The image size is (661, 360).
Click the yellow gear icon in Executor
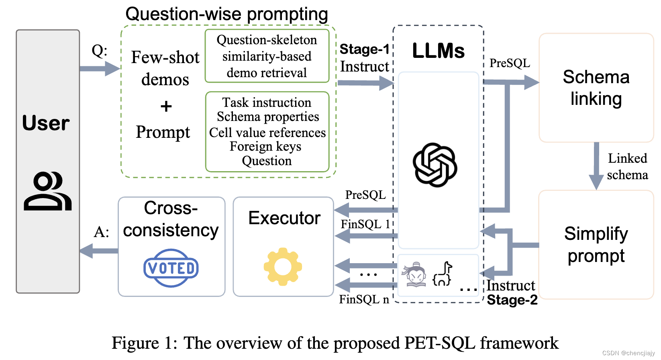tap(283, 267)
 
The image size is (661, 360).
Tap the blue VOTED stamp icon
tap(171, 268)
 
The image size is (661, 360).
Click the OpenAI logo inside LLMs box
tap(435, 165)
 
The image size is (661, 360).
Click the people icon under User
tap(48, 191)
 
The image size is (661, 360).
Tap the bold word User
tap(46, 123)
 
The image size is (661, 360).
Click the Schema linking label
tap(596, 88)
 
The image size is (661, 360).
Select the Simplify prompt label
tap(596, 244)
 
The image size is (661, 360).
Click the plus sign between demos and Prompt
tap(166, 107)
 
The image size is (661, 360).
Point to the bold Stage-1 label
tap(364, 49)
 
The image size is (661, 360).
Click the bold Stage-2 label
tap(512, 300)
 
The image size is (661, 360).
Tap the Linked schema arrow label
tap(627, 166)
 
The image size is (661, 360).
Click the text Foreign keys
tap(265, 147)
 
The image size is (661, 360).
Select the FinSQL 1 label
tap(365, 224)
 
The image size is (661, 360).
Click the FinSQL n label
tap(364, 299)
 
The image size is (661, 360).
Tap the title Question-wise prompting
tap(227, 14)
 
